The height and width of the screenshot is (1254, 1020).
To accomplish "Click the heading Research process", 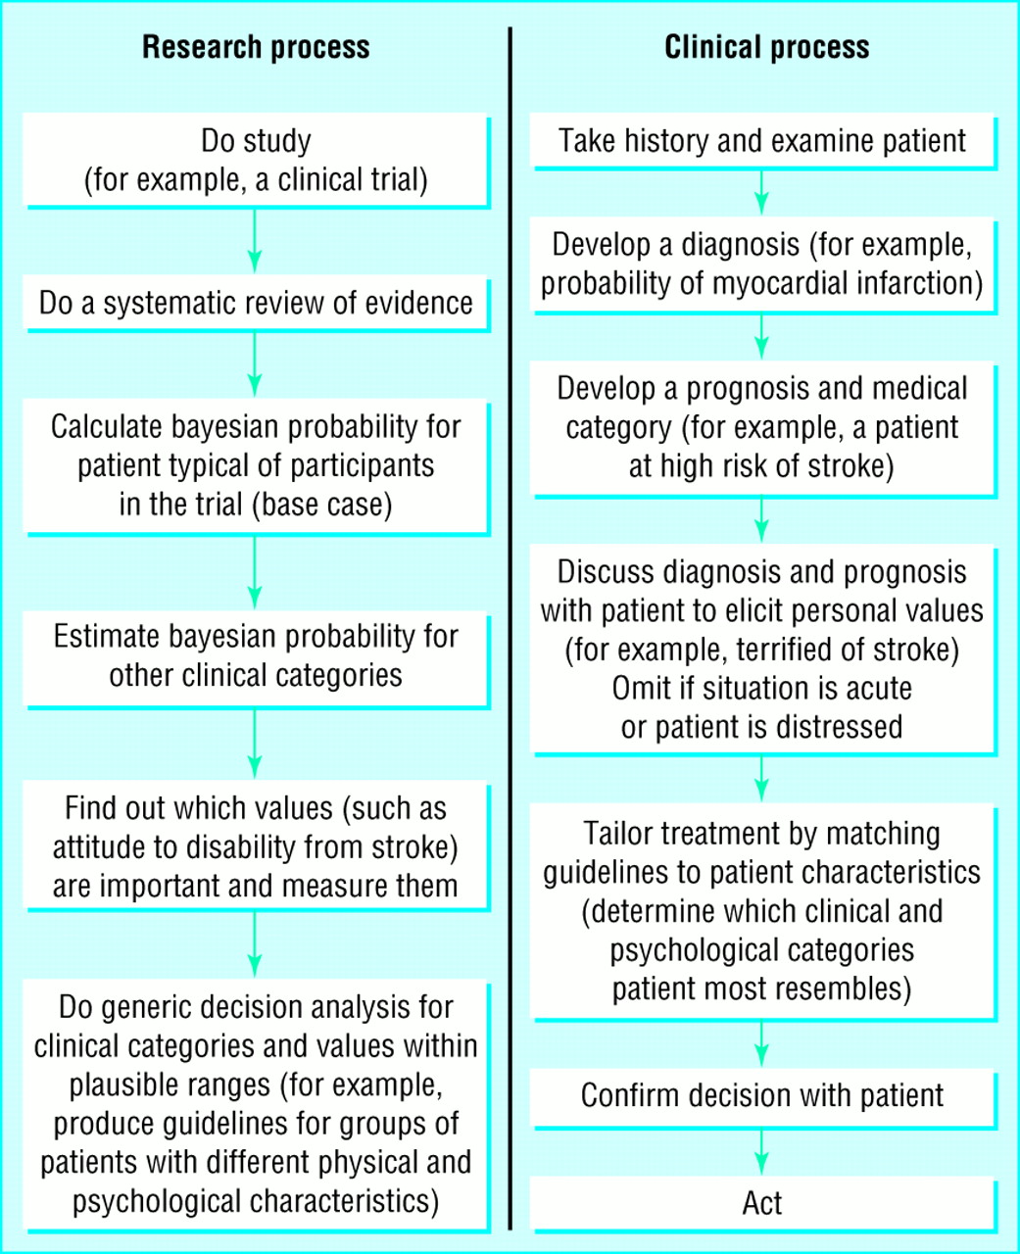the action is click(x=256, y=48).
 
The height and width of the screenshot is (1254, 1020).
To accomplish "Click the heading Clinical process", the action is click(x=767, y=48).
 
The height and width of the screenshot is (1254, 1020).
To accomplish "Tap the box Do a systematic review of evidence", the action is click(x=256, y=303).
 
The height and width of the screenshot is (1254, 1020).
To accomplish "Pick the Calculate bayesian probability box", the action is click(x=256, y=467).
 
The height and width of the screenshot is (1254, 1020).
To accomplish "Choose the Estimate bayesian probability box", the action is click(x=256, y=659).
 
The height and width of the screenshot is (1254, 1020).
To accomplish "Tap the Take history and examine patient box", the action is click(x=763, y=141).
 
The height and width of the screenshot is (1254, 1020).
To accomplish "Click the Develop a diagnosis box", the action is click(x=763, y=265).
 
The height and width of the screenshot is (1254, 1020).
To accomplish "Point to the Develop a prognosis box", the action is click(x=763, y=429).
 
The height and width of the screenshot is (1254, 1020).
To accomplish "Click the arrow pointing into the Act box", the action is click(x=761, y=1151).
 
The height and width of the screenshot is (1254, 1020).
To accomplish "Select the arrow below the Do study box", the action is click(x=255, y=241).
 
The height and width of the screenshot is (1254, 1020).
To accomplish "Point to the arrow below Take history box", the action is click(x=761, y=193).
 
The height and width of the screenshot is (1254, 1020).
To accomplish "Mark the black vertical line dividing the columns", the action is click(x=510, y=628).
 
